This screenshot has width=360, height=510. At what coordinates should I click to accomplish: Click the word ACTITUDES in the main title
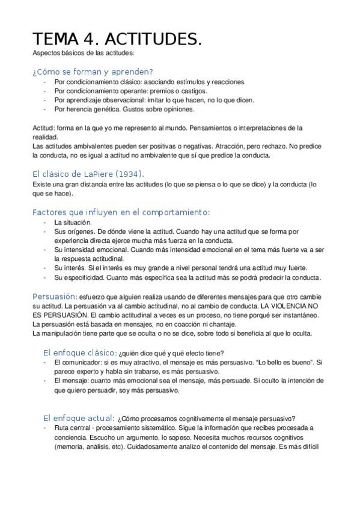point(153,39)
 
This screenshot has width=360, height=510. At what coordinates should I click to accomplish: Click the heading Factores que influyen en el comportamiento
point(121,212)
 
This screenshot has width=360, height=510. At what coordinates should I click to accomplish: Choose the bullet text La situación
point(73,222)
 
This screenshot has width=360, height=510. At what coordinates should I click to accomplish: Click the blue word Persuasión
point(55,296)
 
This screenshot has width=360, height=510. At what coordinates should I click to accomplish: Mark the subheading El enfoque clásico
point(79,352)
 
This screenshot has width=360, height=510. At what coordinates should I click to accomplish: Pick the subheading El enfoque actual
point(78,417)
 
